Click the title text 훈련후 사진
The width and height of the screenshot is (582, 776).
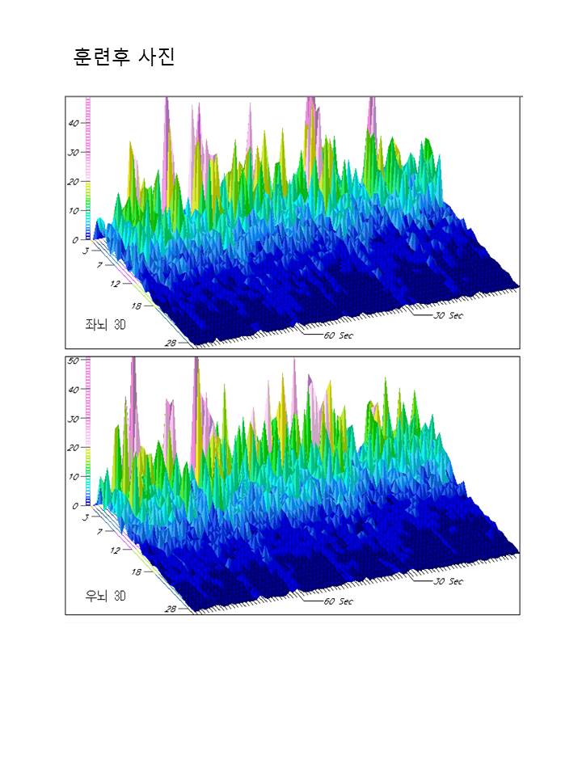tap(124, 57)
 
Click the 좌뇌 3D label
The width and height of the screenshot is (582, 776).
tap(106, 325)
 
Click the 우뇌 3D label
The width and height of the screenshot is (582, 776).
tap(106, 597)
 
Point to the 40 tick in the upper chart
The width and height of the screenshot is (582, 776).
tap(74, 123)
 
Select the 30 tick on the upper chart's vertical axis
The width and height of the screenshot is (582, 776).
tap(74, 152)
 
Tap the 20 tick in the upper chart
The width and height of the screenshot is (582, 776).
tap(74, 182)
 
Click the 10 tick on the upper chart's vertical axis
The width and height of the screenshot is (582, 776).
tap(74, 210)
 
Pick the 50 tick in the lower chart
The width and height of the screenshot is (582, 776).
tap(73, 361)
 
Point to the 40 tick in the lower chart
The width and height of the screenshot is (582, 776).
tap(74, 389)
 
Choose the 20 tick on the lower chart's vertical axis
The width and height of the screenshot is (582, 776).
tap(74, 447)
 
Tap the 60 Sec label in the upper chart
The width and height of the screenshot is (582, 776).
tap(338, 335)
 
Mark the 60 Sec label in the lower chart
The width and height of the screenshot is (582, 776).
tap(338, 601)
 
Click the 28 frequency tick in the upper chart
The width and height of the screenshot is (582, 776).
tap(171, 344)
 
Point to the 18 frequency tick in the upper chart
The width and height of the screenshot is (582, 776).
tap(134, 306)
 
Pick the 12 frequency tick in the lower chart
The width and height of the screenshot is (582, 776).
tap(116, 550)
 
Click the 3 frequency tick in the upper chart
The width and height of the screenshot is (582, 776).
tap(86, 251)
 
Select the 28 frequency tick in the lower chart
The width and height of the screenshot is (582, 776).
tap(171, 609)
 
